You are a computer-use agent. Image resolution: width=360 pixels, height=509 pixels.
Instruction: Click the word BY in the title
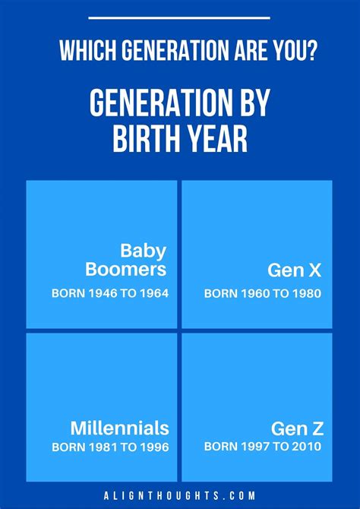click(x=256, y=103)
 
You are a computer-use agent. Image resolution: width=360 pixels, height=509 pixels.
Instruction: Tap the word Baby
click(x=143, y=251)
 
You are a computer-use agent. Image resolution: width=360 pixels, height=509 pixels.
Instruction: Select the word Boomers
click(x=126, y=270)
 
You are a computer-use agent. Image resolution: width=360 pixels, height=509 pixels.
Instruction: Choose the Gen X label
click(x=295, y=270)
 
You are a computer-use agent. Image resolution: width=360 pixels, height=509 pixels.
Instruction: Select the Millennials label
click(x=120, y=428)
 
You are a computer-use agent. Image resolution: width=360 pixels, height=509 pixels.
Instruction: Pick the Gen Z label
click(x=298, y=428)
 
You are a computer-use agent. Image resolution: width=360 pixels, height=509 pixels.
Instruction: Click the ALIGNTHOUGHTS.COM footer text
click(x=180, y=495)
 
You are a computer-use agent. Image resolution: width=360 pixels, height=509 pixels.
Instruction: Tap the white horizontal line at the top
click(x=179, y=18)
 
